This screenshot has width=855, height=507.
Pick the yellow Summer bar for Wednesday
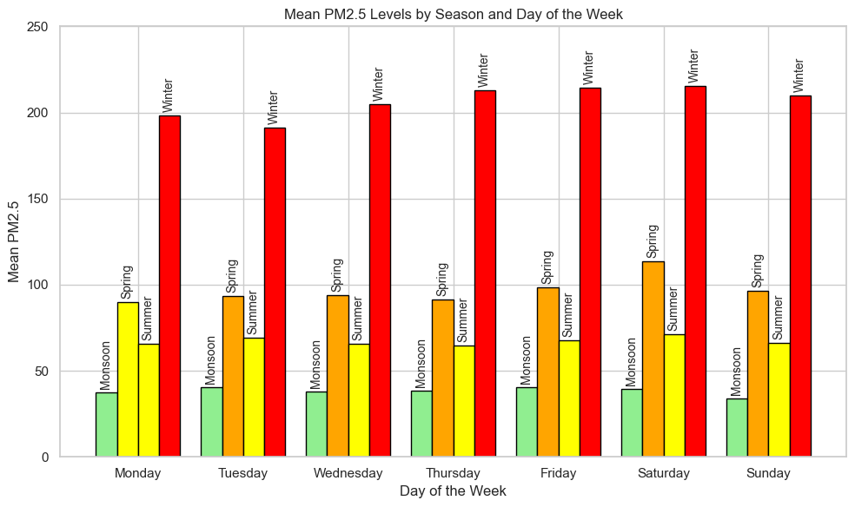(359, 400)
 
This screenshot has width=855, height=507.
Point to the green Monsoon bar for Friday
(527, 422)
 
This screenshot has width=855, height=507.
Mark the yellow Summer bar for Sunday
(779, 399)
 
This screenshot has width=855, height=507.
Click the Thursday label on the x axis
(454, 473)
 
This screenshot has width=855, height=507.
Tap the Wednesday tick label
(348, 473)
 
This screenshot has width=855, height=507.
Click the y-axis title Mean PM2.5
(14, 241)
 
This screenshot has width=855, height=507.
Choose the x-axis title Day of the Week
(453, 491)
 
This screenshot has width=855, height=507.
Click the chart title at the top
(453, 14)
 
